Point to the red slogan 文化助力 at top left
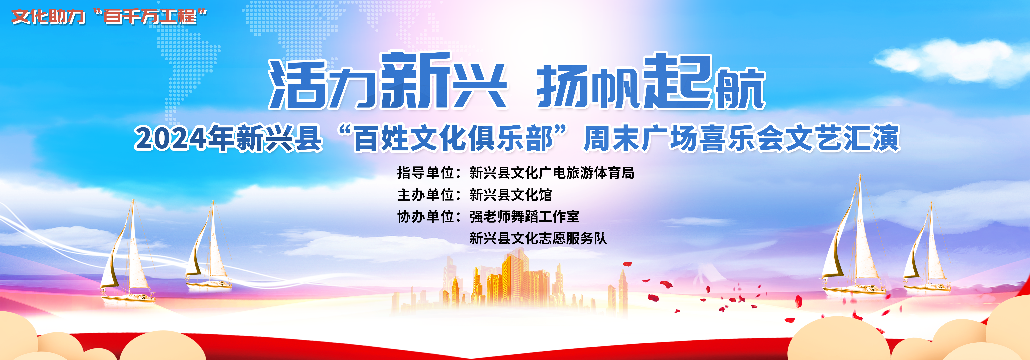click(48, 17)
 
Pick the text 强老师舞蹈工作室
click(524, 216)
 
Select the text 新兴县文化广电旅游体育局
click(552, 173)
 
